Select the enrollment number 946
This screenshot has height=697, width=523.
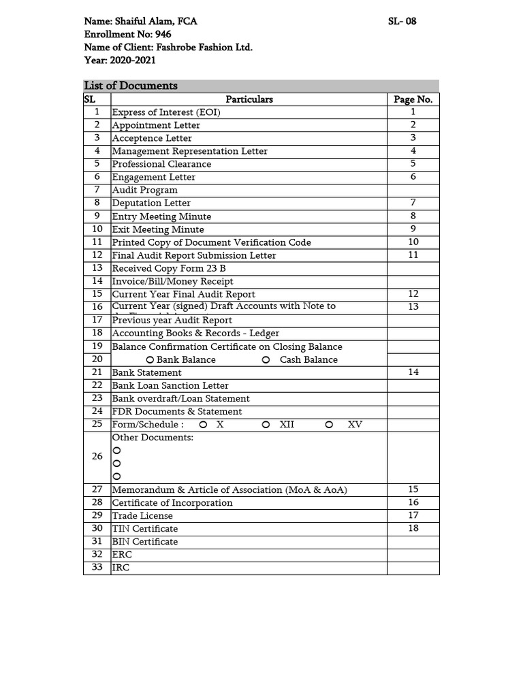coord(163,34)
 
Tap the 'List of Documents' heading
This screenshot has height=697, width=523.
coord(131,86)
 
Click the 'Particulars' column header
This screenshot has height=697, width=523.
coord(249,99)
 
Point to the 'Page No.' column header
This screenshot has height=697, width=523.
coord(413,99)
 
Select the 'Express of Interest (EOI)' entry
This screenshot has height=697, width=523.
coord(166,112)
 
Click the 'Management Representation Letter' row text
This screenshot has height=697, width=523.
coord(190,151)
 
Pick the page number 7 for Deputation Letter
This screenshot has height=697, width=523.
coord(413,203)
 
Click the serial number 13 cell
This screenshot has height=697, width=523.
coord(97,268)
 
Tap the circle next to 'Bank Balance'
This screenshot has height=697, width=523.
coord(150,360)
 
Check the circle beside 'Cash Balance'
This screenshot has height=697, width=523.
coord(266,360)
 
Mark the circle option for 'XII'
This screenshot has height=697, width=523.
coord(266,425)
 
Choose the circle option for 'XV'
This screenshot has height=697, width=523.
coord(330,425)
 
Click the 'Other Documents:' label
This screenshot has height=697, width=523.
coord(153,438)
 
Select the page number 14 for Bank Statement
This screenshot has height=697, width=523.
coord(413,372)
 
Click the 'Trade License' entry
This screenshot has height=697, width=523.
coord(142,516)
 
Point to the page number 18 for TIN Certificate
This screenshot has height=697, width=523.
coord(413,528)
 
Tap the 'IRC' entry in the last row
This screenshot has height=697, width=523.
coord(121,568)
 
